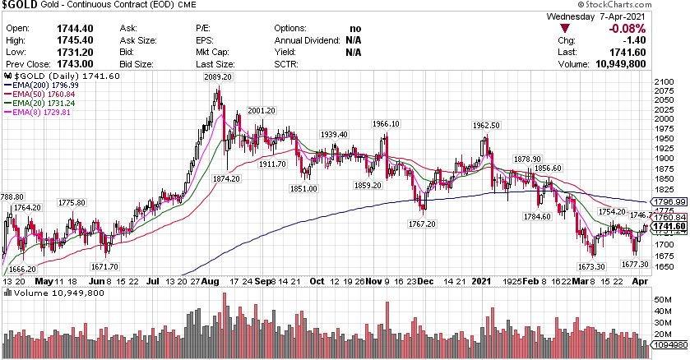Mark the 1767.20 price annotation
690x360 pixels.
(x=422, y=223)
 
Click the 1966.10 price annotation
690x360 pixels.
(x=385, y=124)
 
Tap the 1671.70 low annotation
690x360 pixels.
(x=105, y=267)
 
